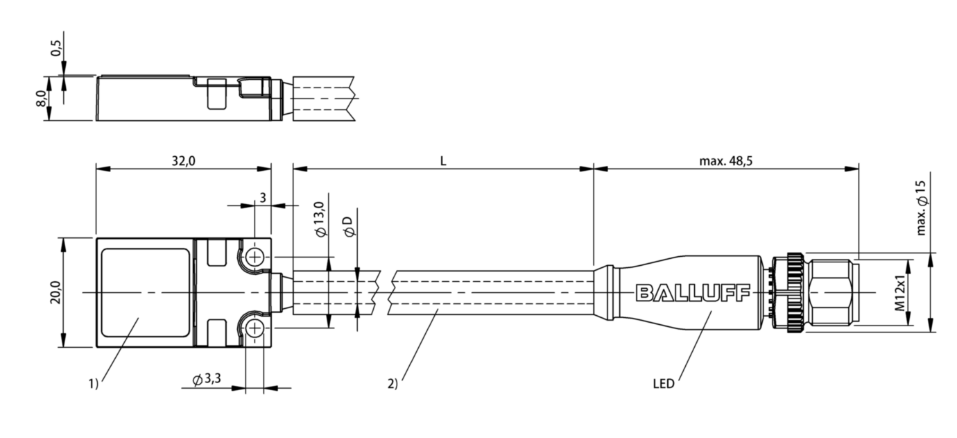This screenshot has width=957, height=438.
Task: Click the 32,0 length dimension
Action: coord(182,160)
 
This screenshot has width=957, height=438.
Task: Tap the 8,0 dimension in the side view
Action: coord(41,99)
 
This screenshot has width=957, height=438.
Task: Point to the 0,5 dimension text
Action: coord(55,49)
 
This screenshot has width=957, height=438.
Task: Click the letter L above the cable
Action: coord(443,160)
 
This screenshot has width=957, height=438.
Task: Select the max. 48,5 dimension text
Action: coord(726,160)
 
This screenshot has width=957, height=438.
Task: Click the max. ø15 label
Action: coord(920,205)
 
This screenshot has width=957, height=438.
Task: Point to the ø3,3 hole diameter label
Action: coord(207,380)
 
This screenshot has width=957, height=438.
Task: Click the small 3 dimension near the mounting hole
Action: coord(263,198)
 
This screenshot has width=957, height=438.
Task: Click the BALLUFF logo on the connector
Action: coord(693,293)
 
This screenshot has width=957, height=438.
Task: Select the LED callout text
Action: coord(663,382)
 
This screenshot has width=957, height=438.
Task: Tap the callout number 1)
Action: coord(93,382)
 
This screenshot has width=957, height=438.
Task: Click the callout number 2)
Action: coord(393,382)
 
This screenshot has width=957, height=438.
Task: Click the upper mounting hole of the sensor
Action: coord(255,258)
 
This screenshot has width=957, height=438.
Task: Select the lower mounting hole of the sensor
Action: coord(255,328)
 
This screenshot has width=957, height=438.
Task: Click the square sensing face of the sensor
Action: coord(145,292)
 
